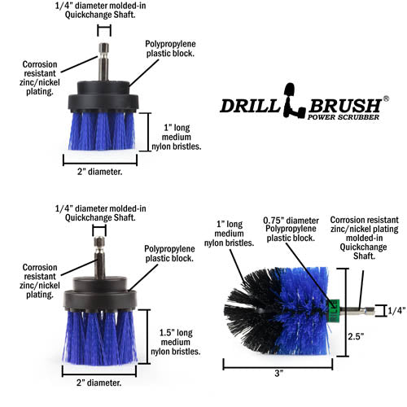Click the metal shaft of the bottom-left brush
[x=98, y=260]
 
